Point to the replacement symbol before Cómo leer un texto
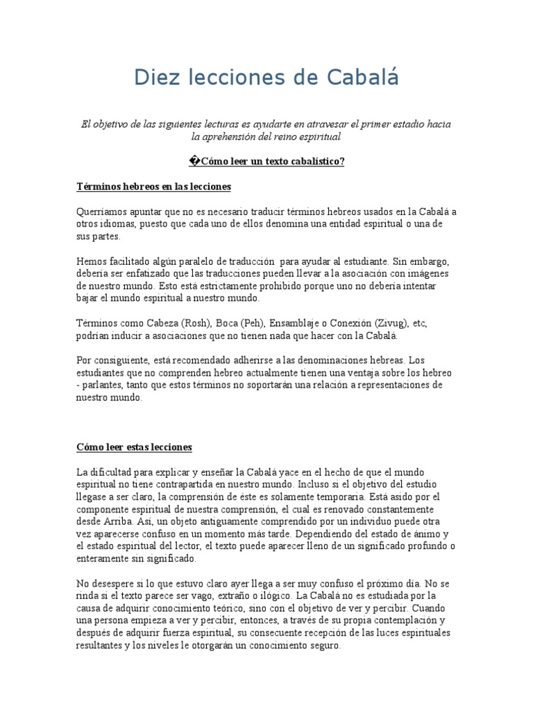pyautogui.click(x=194, y=162)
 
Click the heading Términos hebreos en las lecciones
pyautogui.click(x=153, y=187)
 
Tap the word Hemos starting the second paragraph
pyautogui.click(x=91, y=261)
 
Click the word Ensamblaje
pyautogui.click(x=295, y=323)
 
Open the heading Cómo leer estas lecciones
pyautogui.click(x=134, y=447)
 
